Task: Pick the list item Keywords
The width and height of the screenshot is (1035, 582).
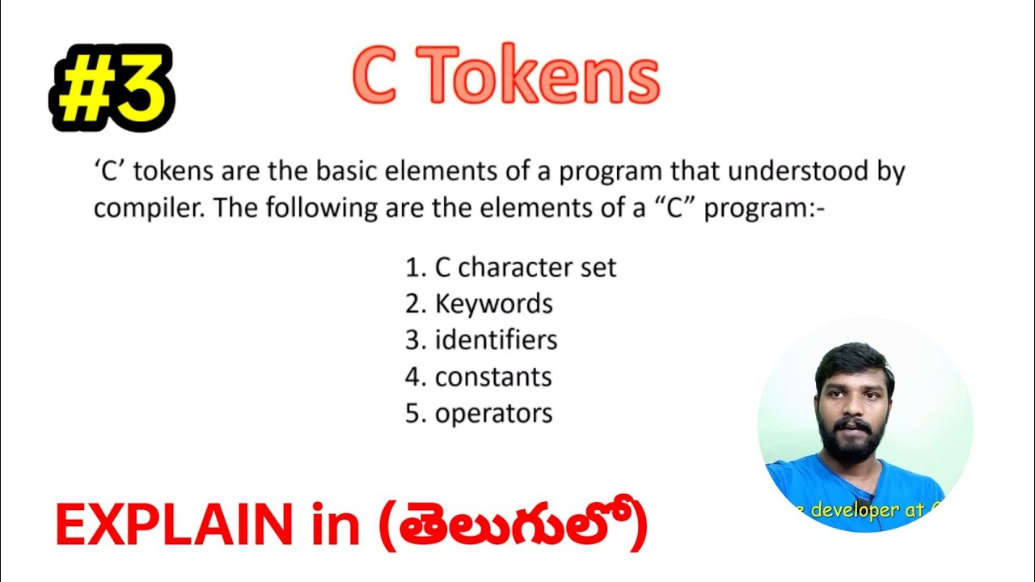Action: pyautogui.click(x=493, y=304)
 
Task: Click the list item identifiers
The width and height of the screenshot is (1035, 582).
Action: pyautogui.click(x=496, y=339)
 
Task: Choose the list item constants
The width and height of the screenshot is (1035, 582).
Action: pyautogui.click(x=493, y=377)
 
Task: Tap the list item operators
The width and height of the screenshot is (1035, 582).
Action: pyautogui.click(x=493, y=413)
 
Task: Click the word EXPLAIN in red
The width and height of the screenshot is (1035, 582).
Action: pyautogui.click(x=174, y=525)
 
